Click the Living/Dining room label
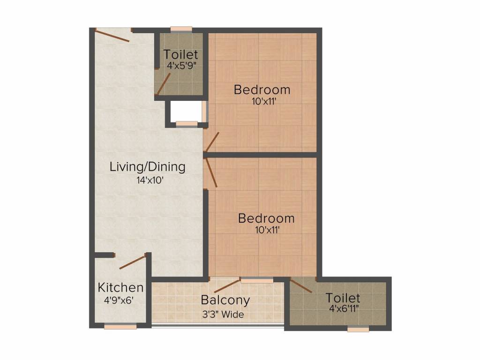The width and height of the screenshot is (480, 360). tap(148, 167)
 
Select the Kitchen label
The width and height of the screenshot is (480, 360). tap(120, 287)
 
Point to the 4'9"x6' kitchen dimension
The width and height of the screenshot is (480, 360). tap(118, 300)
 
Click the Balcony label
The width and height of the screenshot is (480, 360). tap(225, 300)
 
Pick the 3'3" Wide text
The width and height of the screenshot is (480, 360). tap(223, 314)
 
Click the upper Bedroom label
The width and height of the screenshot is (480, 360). tap(262, 90)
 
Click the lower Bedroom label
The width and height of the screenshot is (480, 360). tap(266, 218)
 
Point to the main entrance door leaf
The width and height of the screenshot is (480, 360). tap(112, 35)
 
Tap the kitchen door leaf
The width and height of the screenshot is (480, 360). tap(132, 262)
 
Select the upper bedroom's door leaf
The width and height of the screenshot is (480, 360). tap(212, 142)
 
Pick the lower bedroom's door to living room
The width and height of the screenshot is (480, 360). tap(211, 172)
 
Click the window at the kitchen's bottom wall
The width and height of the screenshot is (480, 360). tap(120, 327)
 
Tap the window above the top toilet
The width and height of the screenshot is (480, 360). tap(181, 30)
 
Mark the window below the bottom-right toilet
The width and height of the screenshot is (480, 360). tap(358, 329)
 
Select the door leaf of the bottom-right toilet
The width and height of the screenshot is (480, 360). tap(301, 286)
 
